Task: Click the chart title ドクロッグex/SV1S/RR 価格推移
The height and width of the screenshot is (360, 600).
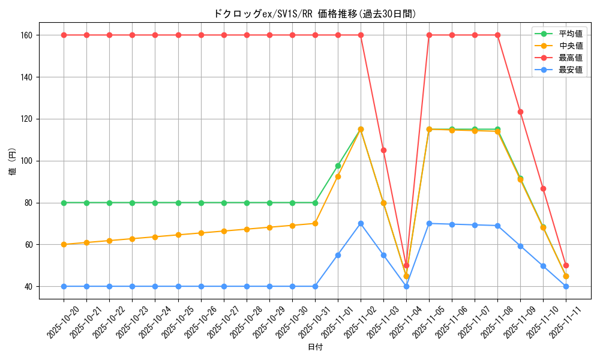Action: [x=314, y=14]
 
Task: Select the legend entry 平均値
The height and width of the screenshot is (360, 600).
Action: [x=571, y=34]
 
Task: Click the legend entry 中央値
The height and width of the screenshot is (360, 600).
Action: [x=571, y=46]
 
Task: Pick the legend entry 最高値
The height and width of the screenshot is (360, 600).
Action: [x=571, y=58]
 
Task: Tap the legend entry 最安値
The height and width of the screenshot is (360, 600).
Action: [x=571, y=70]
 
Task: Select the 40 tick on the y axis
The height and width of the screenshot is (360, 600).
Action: [x=28, y=286]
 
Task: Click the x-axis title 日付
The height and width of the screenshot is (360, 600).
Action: [x=315, y=347]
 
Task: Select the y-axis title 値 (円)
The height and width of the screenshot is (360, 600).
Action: [x=12, y=162]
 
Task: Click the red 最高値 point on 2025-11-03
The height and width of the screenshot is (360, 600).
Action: [x=383, y=150]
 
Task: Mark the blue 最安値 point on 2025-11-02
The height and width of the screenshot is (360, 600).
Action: [x=361, y=223]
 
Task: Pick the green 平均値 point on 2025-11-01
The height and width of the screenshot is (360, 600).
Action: [x=338, y=166]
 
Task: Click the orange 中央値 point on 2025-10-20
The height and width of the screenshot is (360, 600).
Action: [x=64, y=244]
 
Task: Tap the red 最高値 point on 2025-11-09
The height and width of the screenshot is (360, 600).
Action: [x=520, y=112]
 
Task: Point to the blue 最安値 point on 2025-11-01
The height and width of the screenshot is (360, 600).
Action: [x=338, y=255]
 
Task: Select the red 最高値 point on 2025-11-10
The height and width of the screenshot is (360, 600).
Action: [x=543, y=188]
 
